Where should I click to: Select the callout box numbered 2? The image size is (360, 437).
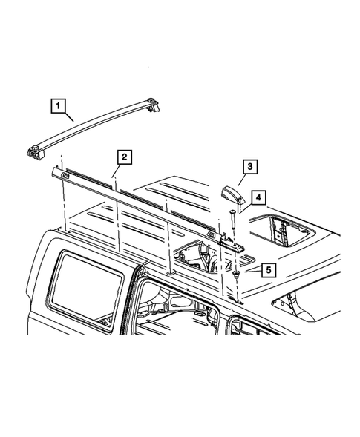click(125, 157)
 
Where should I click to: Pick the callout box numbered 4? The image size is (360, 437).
click(257, 197)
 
